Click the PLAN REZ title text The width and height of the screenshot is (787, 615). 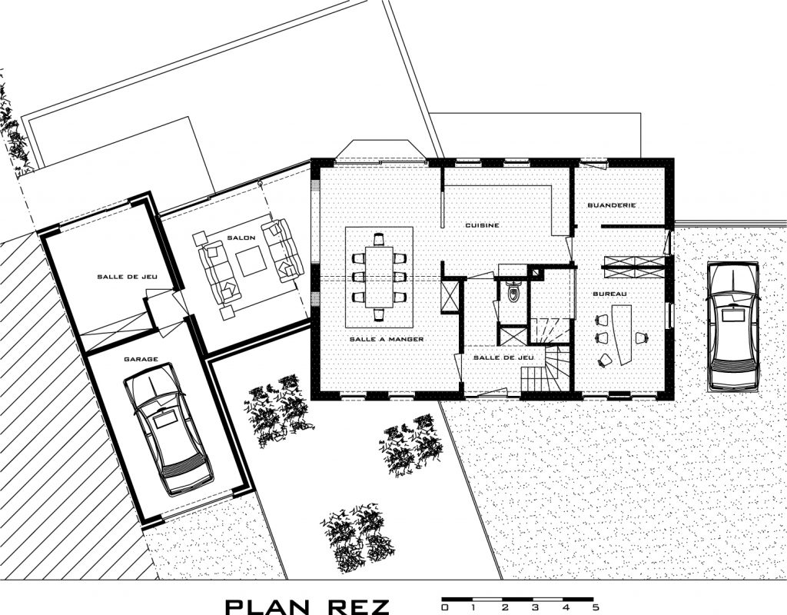tap(307, 606)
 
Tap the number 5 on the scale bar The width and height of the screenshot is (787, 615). tap(596, 607)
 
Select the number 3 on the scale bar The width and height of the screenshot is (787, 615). tap(535, 607)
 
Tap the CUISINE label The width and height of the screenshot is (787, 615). tap(482, 225)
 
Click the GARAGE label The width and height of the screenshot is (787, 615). tap(141, 359)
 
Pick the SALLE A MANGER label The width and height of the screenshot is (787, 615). tap(387, 339)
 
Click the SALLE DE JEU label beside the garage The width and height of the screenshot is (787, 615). tap(127, 277)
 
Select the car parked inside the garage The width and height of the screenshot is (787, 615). tap(168, 428)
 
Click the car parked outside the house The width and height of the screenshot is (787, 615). tap(733, 326)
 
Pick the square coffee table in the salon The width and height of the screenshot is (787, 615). tap(251, 261)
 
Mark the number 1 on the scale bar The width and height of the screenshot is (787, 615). tap(473, 607)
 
